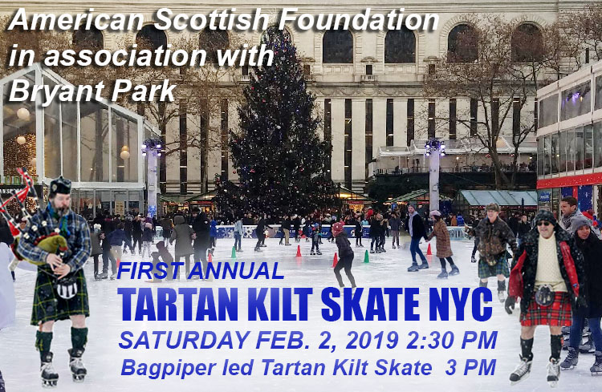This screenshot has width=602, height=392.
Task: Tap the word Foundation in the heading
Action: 358,19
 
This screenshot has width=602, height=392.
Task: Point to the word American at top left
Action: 78,19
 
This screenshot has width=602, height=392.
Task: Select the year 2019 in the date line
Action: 372,340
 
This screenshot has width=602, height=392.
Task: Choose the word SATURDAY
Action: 184,340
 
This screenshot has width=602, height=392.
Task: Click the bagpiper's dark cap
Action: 60,186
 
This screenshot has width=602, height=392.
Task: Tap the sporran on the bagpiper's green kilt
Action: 67,288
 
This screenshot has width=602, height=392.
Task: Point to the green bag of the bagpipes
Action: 49,245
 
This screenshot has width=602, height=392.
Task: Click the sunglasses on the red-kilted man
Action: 543,224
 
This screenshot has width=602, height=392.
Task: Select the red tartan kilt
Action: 546,309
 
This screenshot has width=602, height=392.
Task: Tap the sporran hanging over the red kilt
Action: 544,294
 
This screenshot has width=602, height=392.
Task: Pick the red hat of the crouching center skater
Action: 338,228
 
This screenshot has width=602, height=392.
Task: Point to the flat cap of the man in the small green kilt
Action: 492,207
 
